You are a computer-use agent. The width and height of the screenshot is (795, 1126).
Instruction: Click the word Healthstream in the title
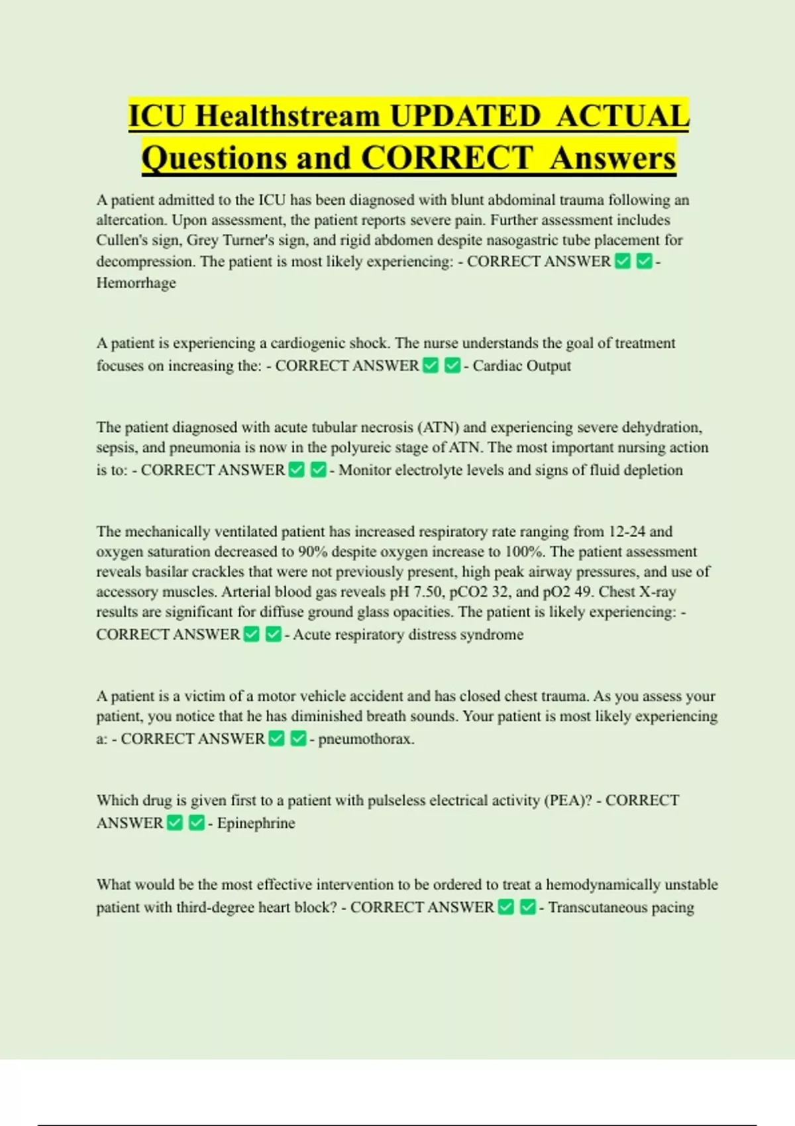point(287,117)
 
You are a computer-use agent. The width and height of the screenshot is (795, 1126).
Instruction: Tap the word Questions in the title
point(213,158)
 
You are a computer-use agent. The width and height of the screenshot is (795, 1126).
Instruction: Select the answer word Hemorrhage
point(136,283)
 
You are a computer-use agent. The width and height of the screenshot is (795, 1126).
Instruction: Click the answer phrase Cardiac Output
point(521,366)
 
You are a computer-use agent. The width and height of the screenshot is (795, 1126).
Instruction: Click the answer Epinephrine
point(256,823)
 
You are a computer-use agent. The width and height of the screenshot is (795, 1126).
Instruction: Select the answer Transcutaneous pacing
point(621,907)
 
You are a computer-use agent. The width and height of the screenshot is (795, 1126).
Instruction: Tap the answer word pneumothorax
point(366,739)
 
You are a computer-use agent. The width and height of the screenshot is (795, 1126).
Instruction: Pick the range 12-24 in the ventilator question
point(627,531)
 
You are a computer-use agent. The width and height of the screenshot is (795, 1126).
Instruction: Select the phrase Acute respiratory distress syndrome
point(408,635)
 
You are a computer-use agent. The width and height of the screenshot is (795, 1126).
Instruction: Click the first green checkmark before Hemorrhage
point(622,262)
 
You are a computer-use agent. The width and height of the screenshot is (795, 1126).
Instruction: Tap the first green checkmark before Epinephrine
point(175,823)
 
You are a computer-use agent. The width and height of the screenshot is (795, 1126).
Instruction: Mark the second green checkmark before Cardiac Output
point(452,366)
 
